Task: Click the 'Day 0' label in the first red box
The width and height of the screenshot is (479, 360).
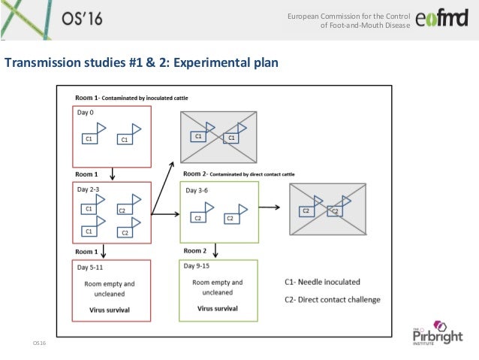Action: coord(87,113)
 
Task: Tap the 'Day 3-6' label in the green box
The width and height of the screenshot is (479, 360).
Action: coord(199,191)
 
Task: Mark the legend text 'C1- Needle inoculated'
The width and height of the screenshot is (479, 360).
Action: coord(322,283)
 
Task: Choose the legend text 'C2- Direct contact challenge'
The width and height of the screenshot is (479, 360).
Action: coord(333,300)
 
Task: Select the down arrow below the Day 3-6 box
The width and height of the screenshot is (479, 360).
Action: coord(217,250)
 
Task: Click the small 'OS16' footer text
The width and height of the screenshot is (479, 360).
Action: coord(39,343)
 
